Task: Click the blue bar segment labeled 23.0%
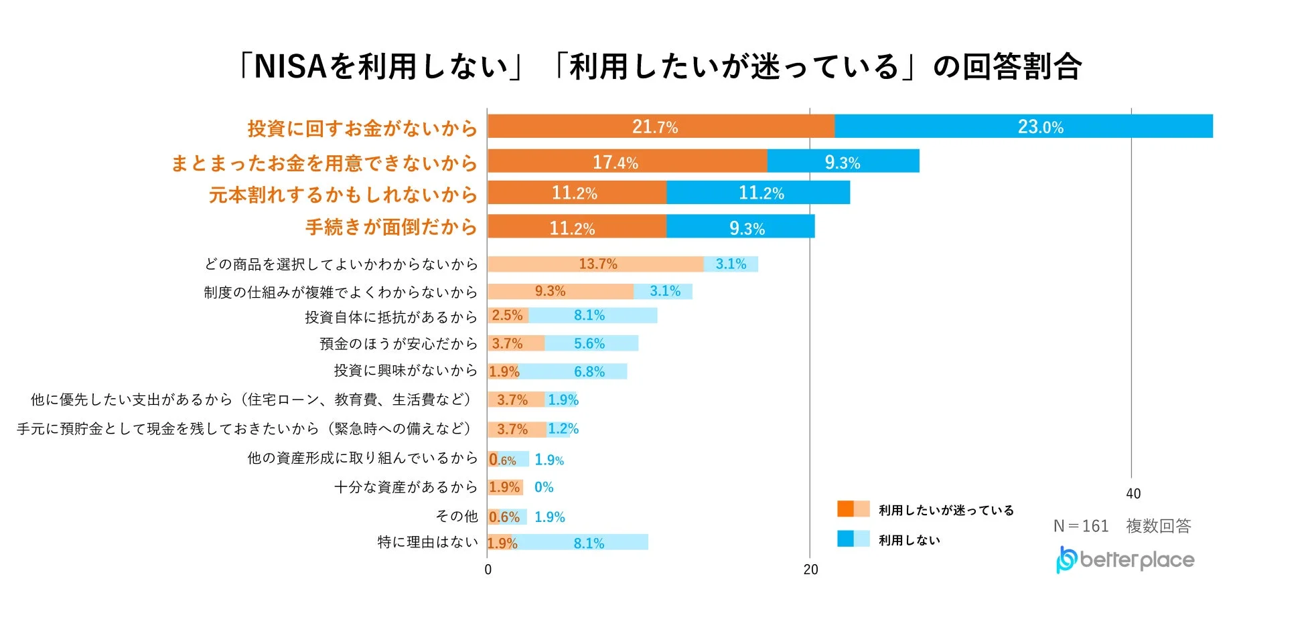pos(1023,126)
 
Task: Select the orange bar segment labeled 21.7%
pos(660,126)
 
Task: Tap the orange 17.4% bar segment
pos(627,161)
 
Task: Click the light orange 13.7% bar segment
pos(595,264)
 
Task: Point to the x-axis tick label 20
pos(810,569)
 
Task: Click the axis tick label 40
pos(1133,494)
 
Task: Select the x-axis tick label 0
pos(488,569)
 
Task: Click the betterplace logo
pos(1125,559)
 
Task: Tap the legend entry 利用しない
pos(909,540)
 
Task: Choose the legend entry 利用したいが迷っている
pos(946,510)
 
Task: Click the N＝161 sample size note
pos(1081,526)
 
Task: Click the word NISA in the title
pos(289,66)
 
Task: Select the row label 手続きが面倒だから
pos(390,227)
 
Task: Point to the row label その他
pos(456,516)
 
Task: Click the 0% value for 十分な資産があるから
pos(543,487)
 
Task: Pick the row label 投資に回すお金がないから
pos(362,128)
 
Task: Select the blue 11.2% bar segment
pos(758,193)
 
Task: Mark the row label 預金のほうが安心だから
pos(398,343)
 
